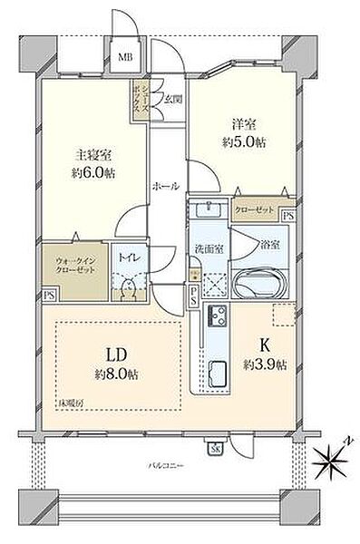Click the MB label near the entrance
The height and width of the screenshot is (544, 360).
(124, 56)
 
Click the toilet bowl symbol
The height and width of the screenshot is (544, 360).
(126, 287)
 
